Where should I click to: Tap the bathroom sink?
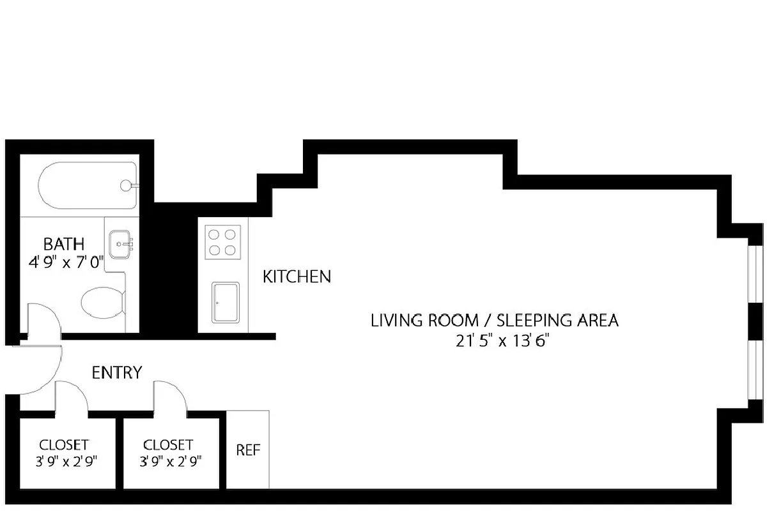[120, 245]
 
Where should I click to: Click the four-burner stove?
[223, 242]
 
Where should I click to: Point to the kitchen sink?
[226, 303]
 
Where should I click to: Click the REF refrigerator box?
[248, 450]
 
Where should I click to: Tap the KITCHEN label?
[297, 277]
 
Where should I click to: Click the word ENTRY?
[117, 372]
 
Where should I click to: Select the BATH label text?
[63, 243]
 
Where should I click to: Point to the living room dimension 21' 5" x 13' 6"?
[503, 340]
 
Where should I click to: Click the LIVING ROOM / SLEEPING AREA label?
[495, 320]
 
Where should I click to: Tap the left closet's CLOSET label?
[64, 445]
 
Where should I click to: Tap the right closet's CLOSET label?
[168, 445]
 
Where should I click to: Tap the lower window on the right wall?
[755, 370]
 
